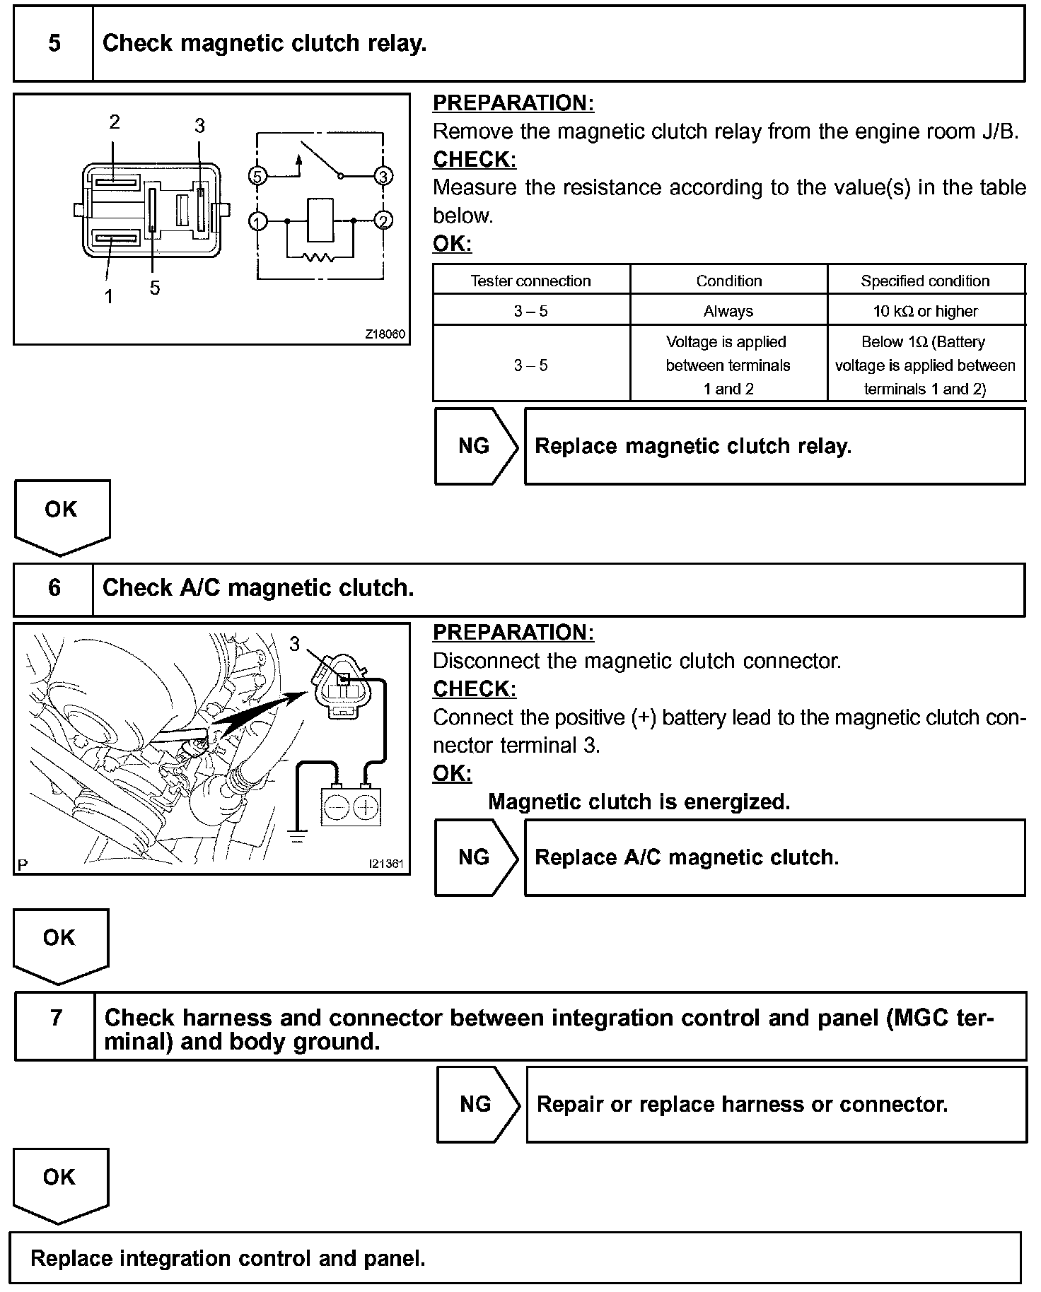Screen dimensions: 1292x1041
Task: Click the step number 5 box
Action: click(x=54, y=44)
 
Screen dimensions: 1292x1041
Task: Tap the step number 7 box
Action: click(x=55, y=1026)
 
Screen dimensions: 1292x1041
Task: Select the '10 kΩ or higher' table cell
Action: click(x=925, y=311)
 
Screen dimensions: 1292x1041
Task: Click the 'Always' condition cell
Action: click(x=728, y=311)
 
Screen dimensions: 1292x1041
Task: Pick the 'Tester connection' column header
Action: click(x=530, y=281)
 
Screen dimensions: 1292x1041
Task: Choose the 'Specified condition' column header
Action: click(x=925, y=281)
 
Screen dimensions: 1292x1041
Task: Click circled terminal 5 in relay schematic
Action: click(x=258, y=175)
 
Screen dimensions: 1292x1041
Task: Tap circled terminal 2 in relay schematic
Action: click(x=383, y=221)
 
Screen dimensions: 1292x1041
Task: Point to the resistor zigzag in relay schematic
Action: click(x=319, y=257)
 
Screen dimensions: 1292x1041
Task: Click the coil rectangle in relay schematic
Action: click(x=320, y=221)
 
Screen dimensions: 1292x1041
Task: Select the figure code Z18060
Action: click(x=385, y=334)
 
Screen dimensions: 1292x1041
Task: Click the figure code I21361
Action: click(x=385, y=864)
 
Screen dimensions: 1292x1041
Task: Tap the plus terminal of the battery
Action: click(x=366, y=807)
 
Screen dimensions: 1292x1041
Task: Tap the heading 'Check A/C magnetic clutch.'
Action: click(x=258, y=588)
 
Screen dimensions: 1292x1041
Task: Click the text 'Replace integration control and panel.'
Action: click(x=228, y=1258)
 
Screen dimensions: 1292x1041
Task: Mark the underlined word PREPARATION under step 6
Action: click(x=513, y=633)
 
